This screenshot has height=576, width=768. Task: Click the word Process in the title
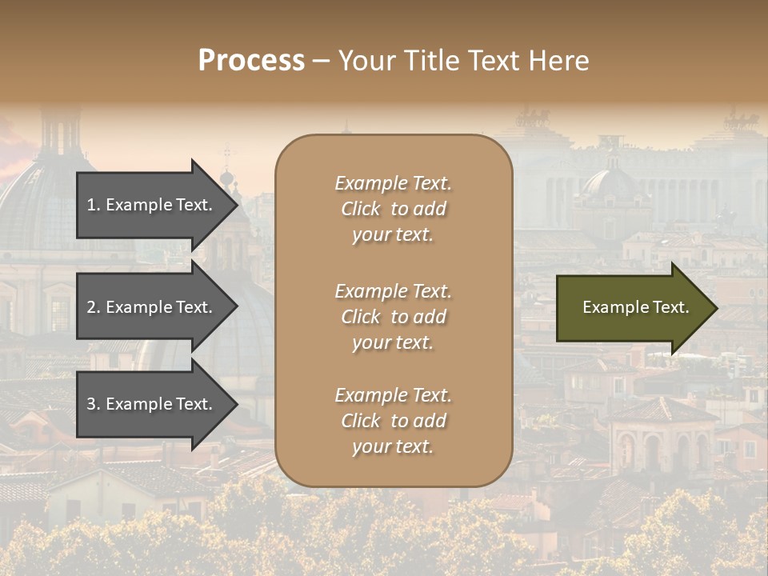coord(251,61)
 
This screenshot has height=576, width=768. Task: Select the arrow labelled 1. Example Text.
coord(152,205)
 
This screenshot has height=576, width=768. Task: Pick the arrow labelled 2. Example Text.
coord(152,307)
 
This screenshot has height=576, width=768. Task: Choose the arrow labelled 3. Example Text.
coord(152,404)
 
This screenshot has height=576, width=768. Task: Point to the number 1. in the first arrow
coord(94,205)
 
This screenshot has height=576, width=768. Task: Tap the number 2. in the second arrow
coord(94,307)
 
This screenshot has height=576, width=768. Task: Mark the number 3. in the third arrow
coord(94,404)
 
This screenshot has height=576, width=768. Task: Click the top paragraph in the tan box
coord(393,209)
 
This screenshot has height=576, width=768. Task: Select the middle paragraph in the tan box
coord(393,317)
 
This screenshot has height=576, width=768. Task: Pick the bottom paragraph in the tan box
coord(393,421)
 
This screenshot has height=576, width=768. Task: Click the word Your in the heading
coord(364,61)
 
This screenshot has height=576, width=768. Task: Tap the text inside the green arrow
coord(635,307)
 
